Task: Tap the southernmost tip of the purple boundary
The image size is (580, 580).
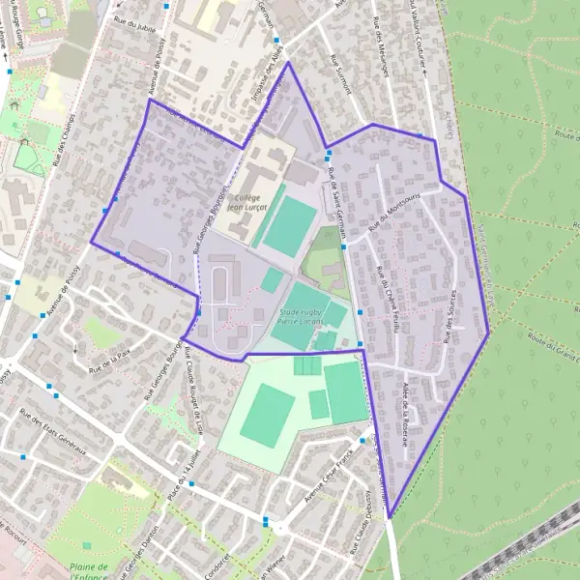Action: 390,519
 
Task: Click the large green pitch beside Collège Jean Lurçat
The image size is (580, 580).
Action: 287,227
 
